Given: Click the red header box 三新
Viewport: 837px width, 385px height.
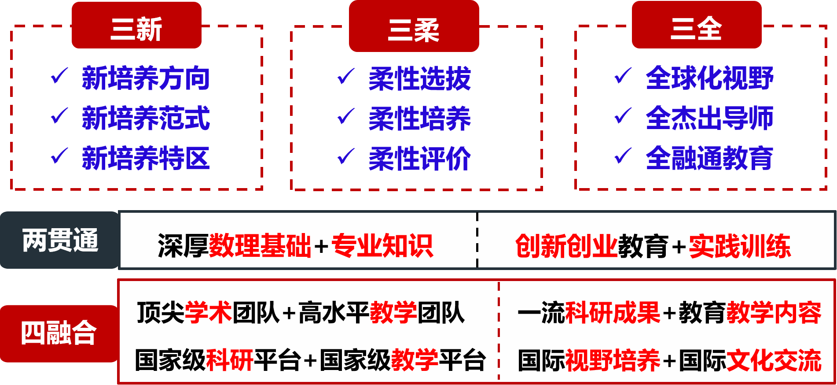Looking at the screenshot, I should click(x=136, y=26).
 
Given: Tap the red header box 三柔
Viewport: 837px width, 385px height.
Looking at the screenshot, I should click(x=414, y=26).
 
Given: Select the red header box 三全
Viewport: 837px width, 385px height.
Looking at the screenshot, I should click(x=696, y=25).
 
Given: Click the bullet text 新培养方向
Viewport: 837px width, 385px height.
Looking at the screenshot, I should click(x=146, y=78).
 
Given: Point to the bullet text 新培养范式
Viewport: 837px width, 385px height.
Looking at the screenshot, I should click(x=146, y=118).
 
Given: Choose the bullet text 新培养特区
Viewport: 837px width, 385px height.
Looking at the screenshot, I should click(x=146, y=158).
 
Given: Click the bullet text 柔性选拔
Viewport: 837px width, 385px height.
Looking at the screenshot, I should click(x=419, y=79).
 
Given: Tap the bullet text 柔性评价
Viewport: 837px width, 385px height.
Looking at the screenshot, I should click(x=419, y=159).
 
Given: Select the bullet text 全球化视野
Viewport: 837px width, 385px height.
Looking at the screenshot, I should click(x=709, y=78).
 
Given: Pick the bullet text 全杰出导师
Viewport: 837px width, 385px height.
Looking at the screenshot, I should click(x=709, y=118).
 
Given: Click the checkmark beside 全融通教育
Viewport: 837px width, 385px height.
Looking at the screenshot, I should click(x=623, y=156).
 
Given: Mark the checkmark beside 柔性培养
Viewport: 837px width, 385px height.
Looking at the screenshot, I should click(x=346, y=116).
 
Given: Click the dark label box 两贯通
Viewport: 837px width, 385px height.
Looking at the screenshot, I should click(x=59, y=240).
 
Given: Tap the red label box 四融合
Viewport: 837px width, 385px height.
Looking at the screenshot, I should click(x=59, y=333).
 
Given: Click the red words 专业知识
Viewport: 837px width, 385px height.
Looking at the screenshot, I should click(x=382, y=245).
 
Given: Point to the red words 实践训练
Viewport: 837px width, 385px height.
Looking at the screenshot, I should click(x=740, y=245).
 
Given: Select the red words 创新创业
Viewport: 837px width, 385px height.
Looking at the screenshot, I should click(x=566, y=245).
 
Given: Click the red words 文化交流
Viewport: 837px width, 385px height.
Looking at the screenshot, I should click(x=774, y=360).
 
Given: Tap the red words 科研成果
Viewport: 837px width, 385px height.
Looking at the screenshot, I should click(x=613, y=313).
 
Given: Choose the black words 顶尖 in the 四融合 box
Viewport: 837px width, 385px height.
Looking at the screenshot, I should click(x=161, y=313).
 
